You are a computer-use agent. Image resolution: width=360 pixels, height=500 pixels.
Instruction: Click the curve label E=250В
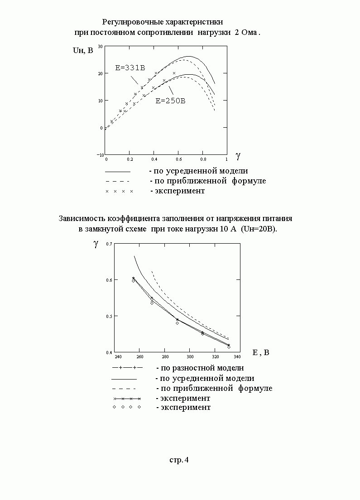(x=170, y=101)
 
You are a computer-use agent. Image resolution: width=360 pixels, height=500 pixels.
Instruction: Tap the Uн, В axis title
(x=83, y=50)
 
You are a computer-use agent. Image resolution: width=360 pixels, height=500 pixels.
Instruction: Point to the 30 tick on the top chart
(x=100, y=46)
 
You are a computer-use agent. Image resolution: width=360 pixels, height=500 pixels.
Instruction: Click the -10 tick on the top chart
(x=100, y=155)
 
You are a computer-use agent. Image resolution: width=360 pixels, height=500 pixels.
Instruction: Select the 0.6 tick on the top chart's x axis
(x=178, y=159)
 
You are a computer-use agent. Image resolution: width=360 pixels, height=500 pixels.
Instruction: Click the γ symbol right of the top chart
(x=238, y=156)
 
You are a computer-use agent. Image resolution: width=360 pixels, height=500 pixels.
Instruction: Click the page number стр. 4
(x=179, y=460)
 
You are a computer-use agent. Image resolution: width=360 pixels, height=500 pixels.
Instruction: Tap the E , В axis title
(x=260, y=352)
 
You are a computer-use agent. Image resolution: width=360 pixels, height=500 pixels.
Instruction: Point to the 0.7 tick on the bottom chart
(x=109, y=244)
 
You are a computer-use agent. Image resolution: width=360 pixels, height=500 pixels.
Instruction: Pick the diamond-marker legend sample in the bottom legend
(x=127, y=407)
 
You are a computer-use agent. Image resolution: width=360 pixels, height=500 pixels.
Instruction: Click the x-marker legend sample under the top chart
(x=119, y=191)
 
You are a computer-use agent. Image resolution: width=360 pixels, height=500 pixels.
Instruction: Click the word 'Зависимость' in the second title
(x=80, y=218)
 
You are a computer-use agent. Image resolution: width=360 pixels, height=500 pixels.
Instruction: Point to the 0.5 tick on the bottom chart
(x=109, y=316)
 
